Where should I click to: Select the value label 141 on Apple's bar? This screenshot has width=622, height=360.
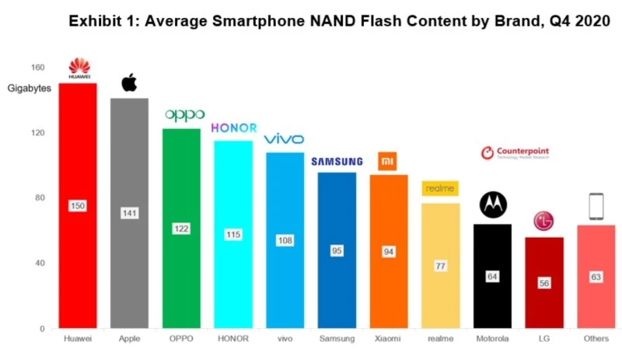(x=129, y=213)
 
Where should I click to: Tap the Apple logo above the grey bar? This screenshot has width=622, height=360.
(x=129, y=82)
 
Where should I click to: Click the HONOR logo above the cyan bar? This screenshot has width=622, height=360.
(x=232, y=128)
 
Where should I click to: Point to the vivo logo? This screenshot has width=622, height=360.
(x=285, y=139)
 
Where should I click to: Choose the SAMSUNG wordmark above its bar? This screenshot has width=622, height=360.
(x=337, y=162)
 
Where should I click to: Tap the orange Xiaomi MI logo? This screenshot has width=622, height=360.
(x=388, y=161)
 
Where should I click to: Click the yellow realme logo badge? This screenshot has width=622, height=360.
(x=440, y=188)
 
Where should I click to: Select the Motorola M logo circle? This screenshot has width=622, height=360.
(x=492, y=204)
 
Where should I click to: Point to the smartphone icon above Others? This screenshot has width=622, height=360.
(x=596, y=207)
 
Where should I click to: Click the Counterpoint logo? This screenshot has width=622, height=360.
(x=515, y=152)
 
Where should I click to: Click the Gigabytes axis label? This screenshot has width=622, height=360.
(x=30, y=88)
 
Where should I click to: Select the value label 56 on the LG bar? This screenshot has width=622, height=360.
(x=543, y=283)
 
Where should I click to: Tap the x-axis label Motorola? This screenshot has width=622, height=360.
(x=492, y=339)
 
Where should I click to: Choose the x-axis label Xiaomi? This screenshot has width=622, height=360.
(x=388, y=339)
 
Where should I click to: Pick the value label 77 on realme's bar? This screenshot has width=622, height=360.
(x=440, y=266)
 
